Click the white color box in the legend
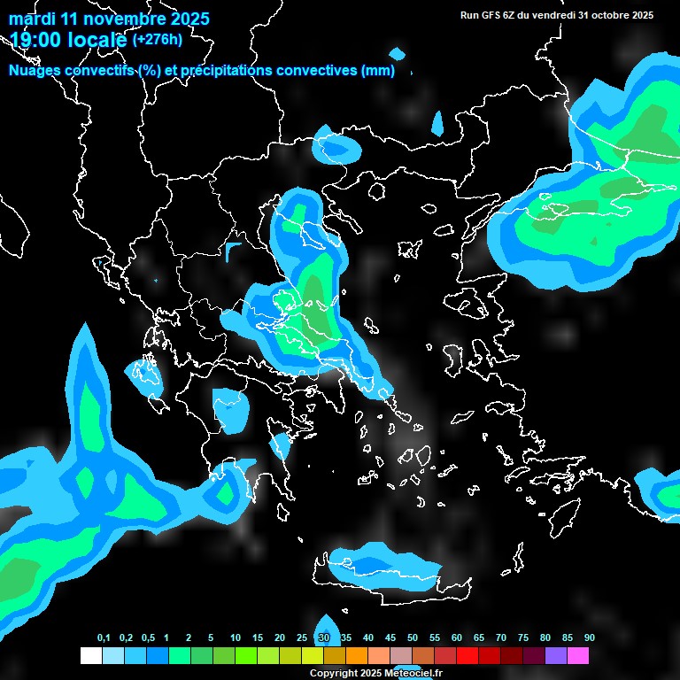(91, 656)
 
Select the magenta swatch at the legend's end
(578, 656)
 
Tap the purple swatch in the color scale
(556, 656)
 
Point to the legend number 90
(589, 638)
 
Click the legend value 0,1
(104, 638)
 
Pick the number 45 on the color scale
(390, 638)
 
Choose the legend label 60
(457, 638)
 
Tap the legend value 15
(258, 638)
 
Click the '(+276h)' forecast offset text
(157, 39)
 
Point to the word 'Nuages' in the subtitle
(38, 71)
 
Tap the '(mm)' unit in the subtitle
(378, 71)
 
